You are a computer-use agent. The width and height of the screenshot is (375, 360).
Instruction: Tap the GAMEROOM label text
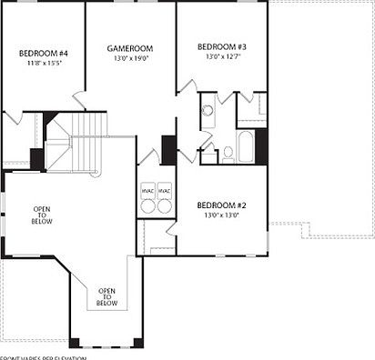(129, 48)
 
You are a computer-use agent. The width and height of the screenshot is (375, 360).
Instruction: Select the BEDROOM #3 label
(221, 46)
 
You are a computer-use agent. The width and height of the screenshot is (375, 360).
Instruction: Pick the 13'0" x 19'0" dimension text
(129, 59)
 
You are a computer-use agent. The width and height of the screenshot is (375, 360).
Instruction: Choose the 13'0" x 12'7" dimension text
(221, 57)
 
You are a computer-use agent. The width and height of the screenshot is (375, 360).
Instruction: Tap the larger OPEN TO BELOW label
(43, 215)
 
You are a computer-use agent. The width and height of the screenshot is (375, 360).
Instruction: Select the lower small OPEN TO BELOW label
(106, 297)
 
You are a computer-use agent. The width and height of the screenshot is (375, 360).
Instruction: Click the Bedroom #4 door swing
(14, 119)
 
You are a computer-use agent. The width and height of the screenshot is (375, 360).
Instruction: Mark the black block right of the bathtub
(262, 146)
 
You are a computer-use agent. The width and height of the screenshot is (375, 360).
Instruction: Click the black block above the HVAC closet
(167, 149)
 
